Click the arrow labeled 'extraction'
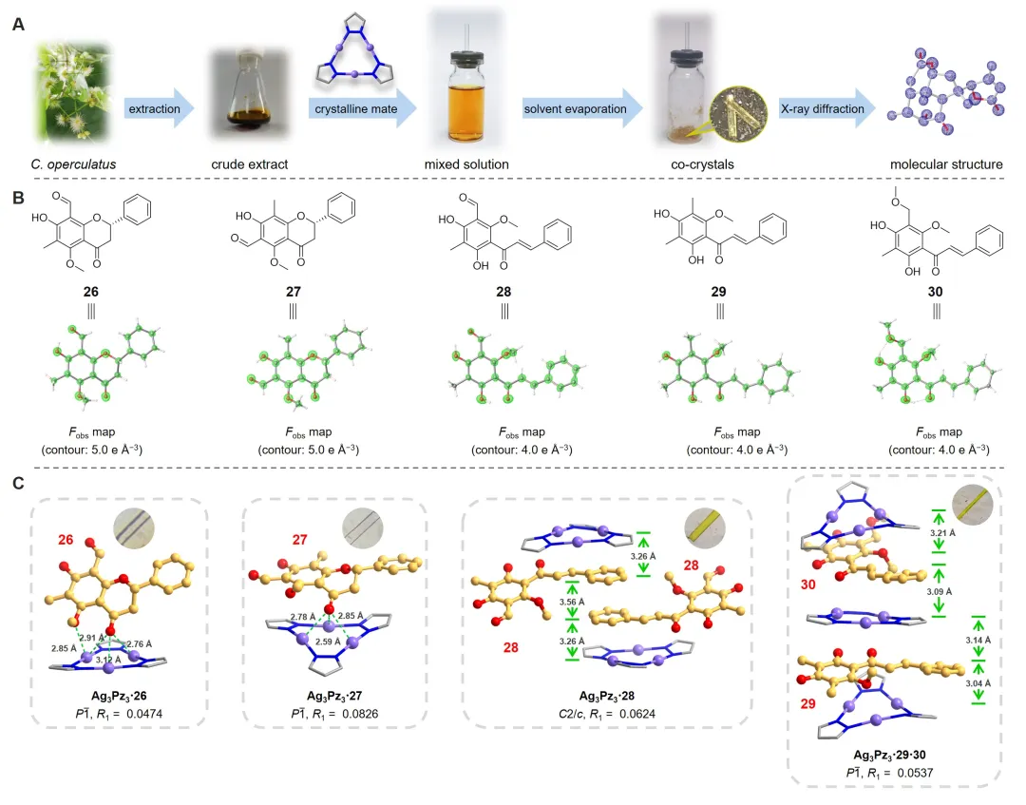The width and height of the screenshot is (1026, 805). tap(159, 108)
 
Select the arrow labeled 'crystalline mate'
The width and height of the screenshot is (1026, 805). tap(363, 108)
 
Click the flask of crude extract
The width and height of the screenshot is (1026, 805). tap(249, 90)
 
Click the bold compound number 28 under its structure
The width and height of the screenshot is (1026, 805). tap(503, 292)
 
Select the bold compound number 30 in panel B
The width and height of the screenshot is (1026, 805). tap(936, 292)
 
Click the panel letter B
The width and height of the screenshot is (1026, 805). tap(18, 198)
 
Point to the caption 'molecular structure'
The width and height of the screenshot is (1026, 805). tap(946, 164)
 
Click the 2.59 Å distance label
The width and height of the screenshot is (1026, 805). tap(328, 642)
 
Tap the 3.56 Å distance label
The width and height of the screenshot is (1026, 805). tap(572, 603)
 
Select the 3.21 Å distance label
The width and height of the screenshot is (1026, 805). tap(942, 533)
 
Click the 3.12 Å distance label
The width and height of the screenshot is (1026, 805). tap(109, 661)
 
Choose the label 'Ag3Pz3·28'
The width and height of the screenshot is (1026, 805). tap(606, 696)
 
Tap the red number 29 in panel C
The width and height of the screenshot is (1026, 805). tap(808, 703)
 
